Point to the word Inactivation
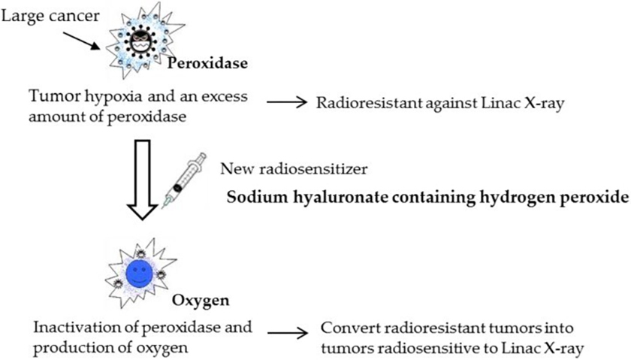pos(65,328)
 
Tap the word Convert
pos(343,328)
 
